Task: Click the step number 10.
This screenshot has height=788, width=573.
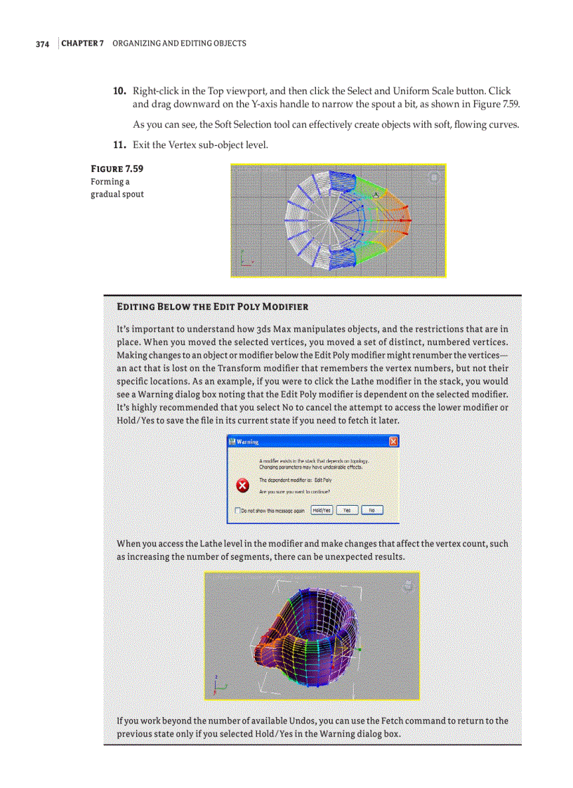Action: (x=120, y=91)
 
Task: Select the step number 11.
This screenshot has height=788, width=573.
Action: (x=120, y=145)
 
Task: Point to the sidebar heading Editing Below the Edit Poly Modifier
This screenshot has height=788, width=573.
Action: (x=212, y=307)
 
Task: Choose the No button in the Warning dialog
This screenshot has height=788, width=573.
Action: (x=371, y=510)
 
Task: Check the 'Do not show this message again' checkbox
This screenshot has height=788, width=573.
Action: (x=236, y=511)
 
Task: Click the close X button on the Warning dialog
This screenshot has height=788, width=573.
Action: (x=393, y=441)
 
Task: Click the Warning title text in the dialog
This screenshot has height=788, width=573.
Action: (x=247, y=442)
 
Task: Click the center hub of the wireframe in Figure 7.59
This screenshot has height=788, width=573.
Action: (x=331, y=220)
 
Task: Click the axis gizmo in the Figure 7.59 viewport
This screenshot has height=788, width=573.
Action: (x=244, y=259)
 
